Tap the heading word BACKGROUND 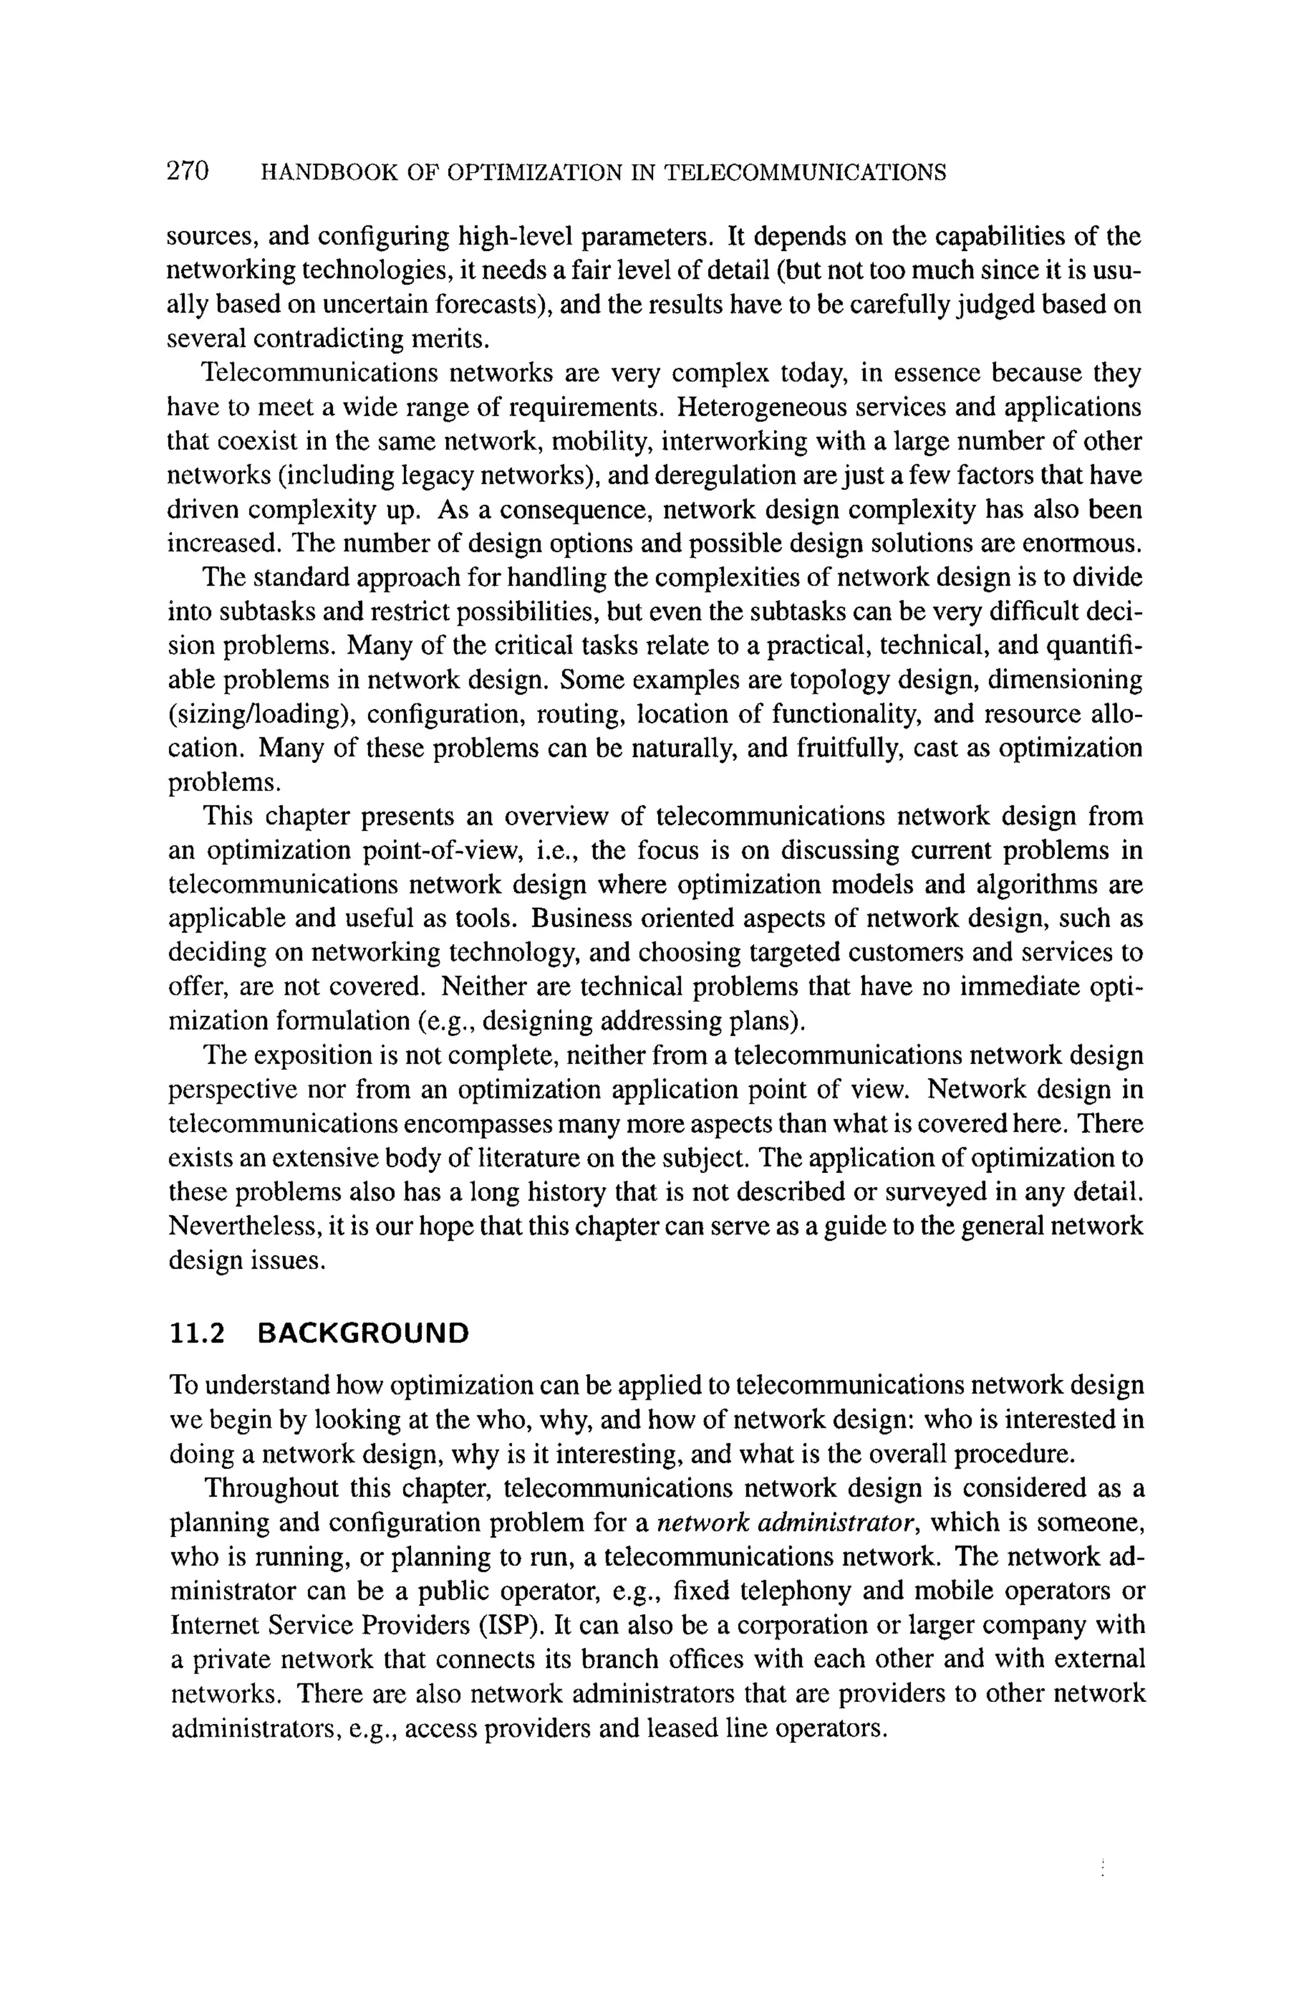(x=364, y=1332)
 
